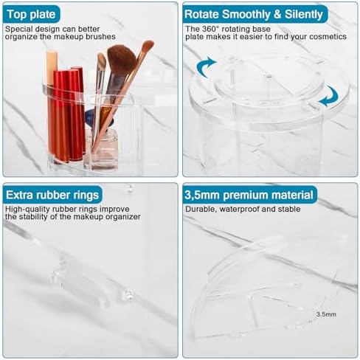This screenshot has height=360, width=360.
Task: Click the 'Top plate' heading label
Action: tap(30, 13)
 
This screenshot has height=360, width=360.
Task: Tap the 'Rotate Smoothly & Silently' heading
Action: tap(253, 13)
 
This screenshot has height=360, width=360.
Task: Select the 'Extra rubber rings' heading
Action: tap(52, 195)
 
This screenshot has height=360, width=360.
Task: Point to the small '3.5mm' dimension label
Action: tap(327, 314)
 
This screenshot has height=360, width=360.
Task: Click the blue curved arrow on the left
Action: tap(206, 68)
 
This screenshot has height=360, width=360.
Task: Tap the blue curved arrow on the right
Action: tap(329, 95)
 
